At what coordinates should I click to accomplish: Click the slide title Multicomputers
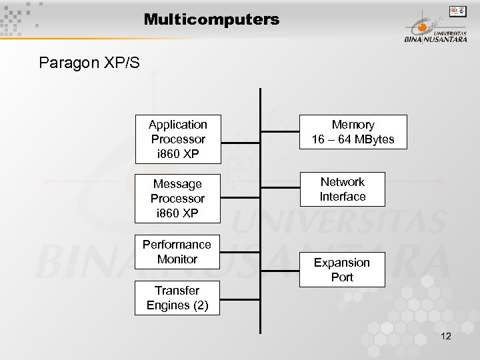[211, 20]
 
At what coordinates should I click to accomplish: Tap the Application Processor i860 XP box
[177, 139]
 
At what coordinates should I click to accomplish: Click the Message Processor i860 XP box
[177, 198]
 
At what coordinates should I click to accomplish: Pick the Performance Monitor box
[177, 251]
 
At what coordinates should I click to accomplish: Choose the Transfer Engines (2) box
[177, 298]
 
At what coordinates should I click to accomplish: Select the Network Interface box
[342, 189]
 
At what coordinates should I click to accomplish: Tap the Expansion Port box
[342, 269]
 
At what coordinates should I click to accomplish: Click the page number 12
[446, 336]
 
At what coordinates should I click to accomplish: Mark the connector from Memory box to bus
[280, 131]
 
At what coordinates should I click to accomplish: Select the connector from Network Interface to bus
[280, 189]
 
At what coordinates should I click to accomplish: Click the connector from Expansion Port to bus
[280, 269]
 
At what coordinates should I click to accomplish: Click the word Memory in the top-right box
[353, 125]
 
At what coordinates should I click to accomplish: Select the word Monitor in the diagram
[177, 259]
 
